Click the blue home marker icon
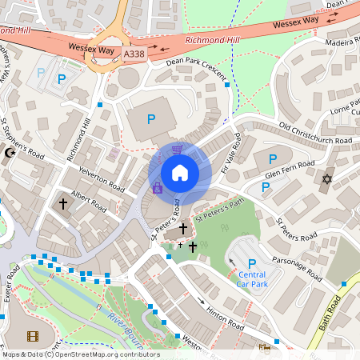click(180, 173)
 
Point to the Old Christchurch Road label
click(315, 134)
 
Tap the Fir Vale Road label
click(226, 154)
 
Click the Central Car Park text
click(252, 279)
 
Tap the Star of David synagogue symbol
click(326, 178)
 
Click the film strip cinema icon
click(32, 337)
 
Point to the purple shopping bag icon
click(158, 189)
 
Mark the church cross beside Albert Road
click(62, 204)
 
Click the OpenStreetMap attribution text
click(80, 354)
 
